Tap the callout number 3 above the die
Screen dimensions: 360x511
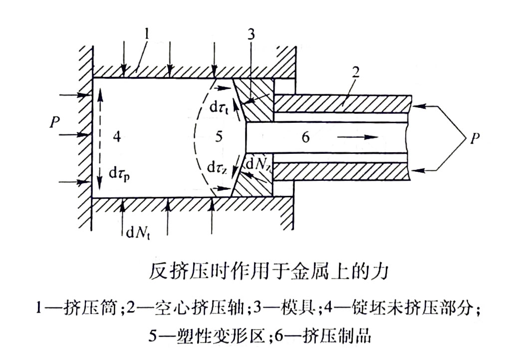(x=253, y=36)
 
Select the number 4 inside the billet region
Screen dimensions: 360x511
(x=117, y=137)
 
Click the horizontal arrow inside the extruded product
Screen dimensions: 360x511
(x=357, y=137)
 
